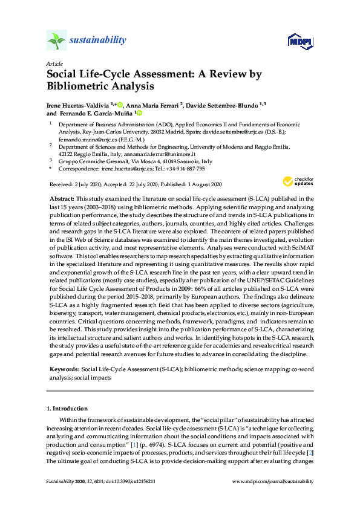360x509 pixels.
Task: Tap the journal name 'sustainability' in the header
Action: [x=97, y=41]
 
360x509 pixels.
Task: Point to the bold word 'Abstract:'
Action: [x=61, y=198]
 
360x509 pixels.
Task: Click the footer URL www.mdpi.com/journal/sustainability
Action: [x=273, y=481]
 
